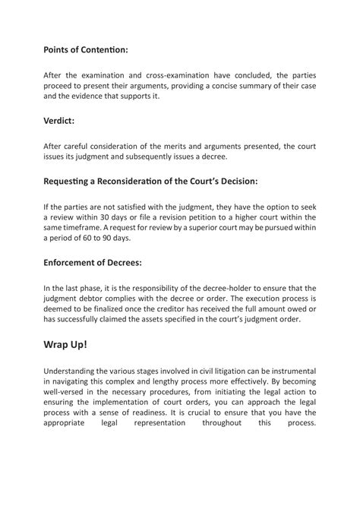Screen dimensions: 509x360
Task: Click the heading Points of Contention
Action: coord(85,49)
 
